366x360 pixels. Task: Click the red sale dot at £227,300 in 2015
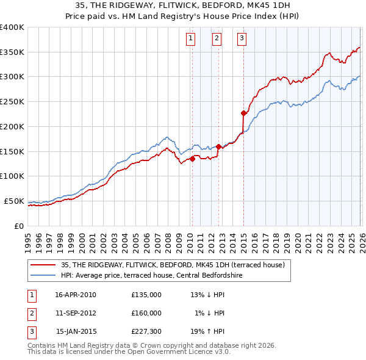tap(243, 113)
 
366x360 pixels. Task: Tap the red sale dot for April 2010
tap(192, 159)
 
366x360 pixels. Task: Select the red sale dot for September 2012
tap(218, 146)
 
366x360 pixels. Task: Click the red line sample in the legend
tap(43, 264)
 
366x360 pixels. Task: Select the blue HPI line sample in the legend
tap(43, 275)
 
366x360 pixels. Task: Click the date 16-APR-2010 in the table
tap(76, 295)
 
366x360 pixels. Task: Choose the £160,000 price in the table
tap(146, 313)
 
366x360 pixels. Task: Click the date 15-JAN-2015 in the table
tap(76, 332)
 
